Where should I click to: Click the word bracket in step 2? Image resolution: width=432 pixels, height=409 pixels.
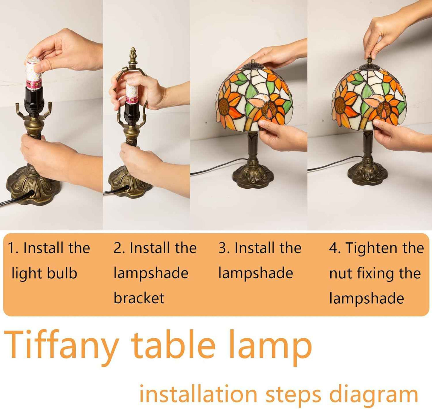point(139,298)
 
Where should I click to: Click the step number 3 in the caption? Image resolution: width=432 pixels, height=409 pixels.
point(223,248)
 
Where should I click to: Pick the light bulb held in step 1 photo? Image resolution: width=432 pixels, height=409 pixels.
point(34,72)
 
